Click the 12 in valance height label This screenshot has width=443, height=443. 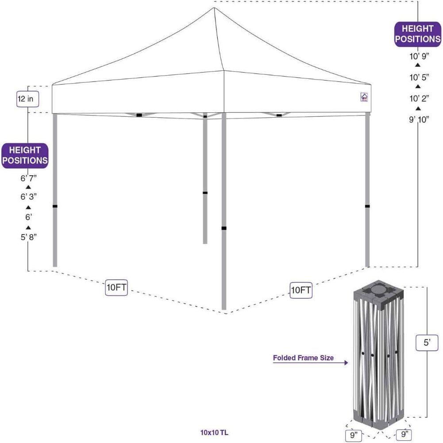tap(28, 99)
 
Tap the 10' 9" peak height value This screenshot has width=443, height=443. tap(419, 56)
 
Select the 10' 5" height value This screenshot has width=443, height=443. tap(419, 77)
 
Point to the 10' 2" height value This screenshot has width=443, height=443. tap(419, 98)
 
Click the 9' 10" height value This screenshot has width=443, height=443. tap(419, 119)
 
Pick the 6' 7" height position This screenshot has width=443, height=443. tap(28, 178)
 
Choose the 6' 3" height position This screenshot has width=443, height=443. tap(28, 196)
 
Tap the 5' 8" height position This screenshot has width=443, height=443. tap(28, 237)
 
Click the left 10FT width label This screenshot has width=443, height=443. tap(116, 287)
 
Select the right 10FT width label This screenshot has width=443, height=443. tap(301, 290)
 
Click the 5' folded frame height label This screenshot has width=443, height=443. tap(427, 343)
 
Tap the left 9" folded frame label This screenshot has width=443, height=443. tap(354, 435)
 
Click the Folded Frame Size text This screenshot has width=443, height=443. tap(303, 358)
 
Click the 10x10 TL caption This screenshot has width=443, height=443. tap(214, 432)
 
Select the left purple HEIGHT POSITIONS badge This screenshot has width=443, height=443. tap(25, 155)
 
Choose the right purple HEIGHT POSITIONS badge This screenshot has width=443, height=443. tap(418, 34)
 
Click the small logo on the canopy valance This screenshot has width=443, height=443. tap(364, 97)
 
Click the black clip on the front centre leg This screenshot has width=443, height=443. tap(224, 228)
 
